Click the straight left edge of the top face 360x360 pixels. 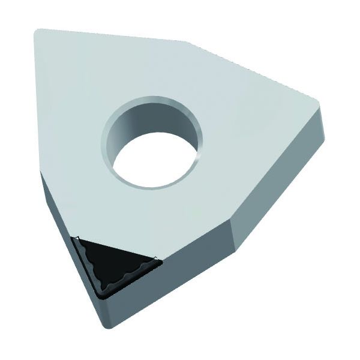pos(38,102)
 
